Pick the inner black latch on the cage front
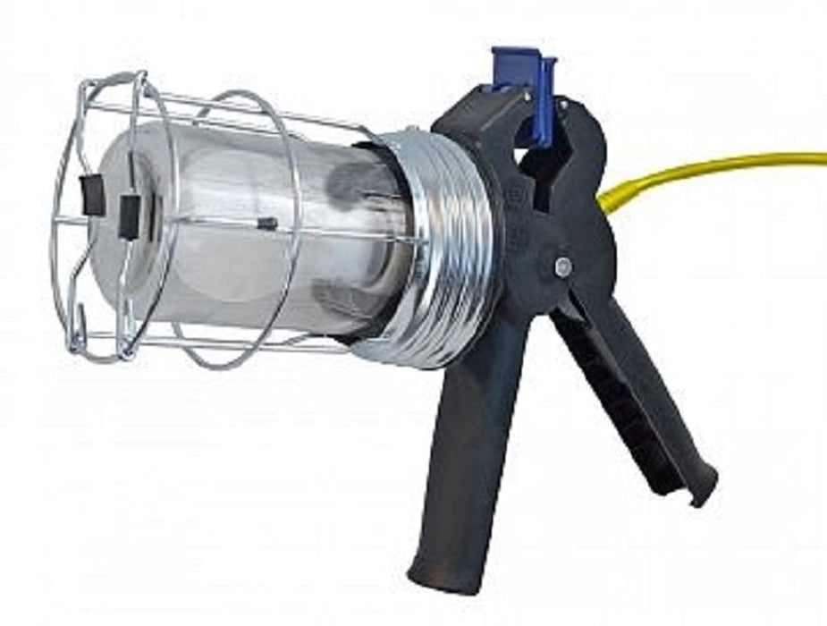(x=131, y=214)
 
